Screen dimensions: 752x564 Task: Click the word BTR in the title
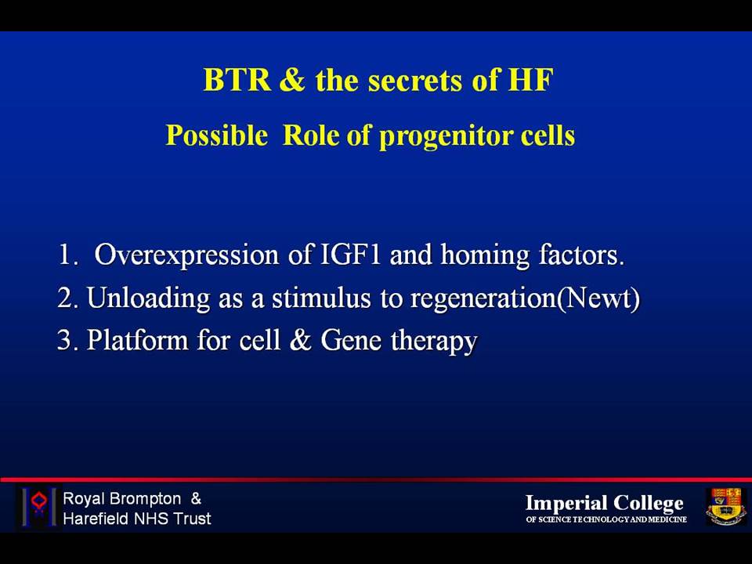[237, 80]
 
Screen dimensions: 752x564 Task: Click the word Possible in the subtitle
[217, 136]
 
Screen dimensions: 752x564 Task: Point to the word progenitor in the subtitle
[445, 136]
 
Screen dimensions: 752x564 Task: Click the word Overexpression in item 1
[186, 255]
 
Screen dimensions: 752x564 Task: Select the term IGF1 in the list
[350, 254]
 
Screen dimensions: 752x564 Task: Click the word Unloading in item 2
[148, 298]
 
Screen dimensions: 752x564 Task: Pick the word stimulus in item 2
[321, 298]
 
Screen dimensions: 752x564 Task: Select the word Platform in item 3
[137, 340]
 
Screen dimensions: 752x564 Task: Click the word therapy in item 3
[434, 342]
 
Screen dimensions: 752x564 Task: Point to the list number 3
[65, 340]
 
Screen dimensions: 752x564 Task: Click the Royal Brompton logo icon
[39, 507]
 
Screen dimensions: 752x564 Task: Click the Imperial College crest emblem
[725, 507]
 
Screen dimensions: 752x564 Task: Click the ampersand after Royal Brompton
[196, 498]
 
